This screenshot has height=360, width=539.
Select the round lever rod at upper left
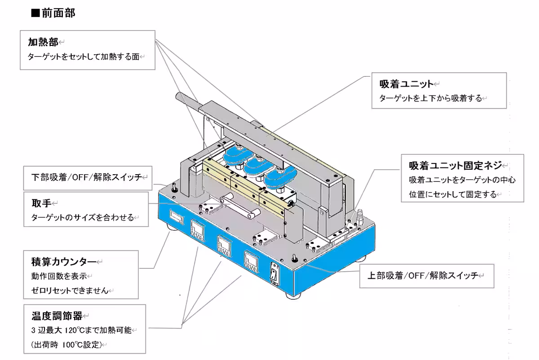[x=189, y=101]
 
